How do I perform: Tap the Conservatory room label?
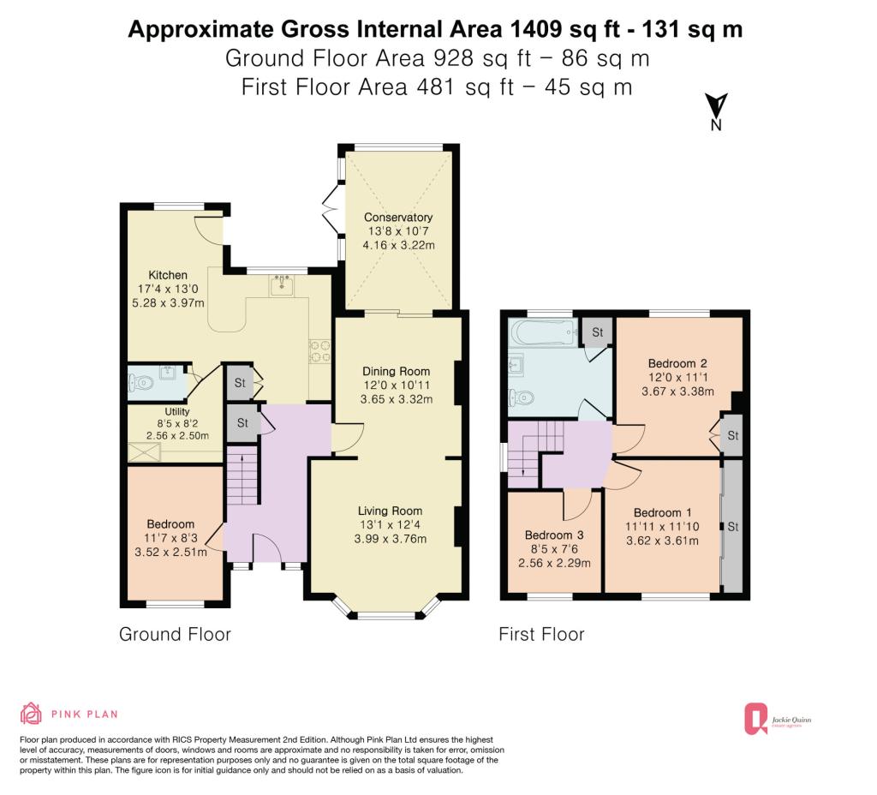(x=398, y=217)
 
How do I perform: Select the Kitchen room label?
(x=168, y=275)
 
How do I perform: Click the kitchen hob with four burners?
(x=319, y=352)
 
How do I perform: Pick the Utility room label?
(x=177, y=411)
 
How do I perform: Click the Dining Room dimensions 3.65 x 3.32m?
(x=397, y=399)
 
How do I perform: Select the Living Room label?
(x=391, y=511)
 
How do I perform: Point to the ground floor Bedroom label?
(x=170, y=524)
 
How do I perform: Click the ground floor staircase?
(x=242, y=475)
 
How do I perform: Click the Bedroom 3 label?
(x=554, y=535)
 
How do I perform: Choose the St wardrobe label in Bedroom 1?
(x=733, y=527)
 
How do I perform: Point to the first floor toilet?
(x=521, y=397)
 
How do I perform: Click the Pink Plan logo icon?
(x=31, y=714)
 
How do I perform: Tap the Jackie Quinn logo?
(x=778, y=719)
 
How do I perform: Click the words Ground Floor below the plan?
(x=175, y=634)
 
